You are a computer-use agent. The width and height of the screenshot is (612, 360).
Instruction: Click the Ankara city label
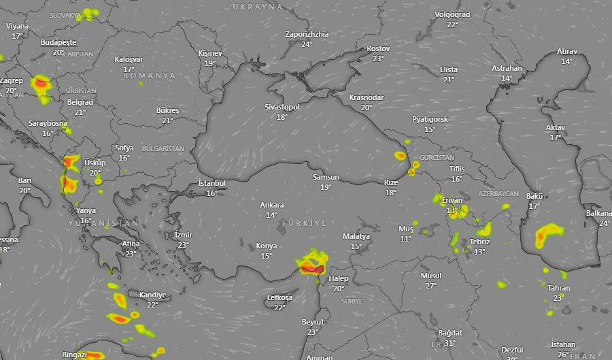point(272,205)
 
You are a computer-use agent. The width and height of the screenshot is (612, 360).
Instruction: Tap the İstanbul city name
point(211,183)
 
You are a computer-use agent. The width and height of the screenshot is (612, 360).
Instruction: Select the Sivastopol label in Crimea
point(282,107)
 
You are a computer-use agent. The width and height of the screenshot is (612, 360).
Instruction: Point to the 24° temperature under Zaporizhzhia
point(307,44)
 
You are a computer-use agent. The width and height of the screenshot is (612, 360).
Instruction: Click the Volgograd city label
point(452,14)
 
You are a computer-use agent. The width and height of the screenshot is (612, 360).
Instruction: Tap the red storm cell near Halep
point(312,269)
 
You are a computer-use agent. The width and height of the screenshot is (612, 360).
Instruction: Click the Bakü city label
point(534,196)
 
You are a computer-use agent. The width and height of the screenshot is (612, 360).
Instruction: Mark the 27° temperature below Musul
point(430,286)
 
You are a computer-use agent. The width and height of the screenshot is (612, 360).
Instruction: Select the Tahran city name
point(559,288)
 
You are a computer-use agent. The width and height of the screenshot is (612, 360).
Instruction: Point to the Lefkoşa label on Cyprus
point(279,297)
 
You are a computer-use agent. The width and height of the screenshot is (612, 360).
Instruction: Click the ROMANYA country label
point(149,76)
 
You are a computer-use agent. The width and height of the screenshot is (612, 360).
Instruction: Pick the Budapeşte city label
point(58,42)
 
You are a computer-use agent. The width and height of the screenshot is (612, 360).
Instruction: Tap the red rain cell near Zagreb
point(42,84)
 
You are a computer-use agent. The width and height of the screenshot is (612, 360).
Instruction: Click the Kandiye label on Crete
point(152,295)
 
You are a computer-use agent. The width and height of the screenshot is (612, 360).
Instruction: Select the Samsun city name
point(326,178)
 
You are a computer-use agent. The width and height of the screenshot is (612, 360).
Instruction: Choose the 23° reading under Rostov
point(378,59)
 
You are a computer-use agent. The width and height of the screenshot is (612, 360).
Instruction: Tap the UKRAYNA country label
point(257,6)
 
